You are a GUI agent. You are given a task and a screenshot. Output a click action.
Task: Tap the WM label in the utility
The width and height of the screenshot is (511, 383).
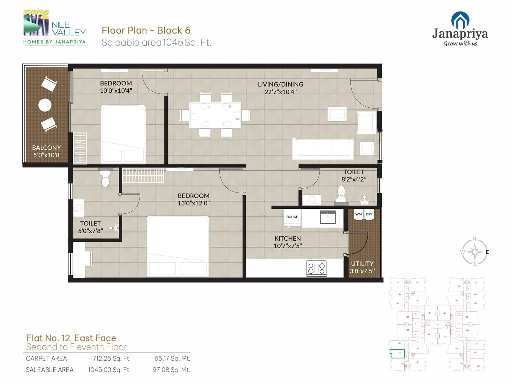(358, 214)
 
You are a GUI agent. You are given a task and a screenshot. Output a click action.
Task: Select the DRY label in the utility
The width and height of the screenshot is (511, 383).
(369, 214)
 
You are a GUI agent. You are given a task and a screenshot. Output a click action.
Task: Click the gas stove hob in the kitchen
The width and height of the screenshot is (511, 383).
(316, 268)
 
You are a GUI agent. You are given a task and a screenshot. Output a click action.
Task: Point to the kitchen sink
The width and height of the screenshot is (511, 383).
(328, 217)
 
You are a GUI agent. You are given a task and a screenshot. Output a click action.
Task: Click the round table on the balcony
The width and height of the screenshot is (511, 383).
(45, 105)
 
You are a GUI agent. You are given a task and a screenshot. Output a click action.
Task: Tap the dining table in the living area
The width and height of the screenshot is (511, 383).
(215, 115)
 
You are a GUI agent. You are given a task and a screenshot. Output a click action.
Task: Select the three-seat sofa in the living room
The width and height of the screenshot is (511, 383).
(323, 149)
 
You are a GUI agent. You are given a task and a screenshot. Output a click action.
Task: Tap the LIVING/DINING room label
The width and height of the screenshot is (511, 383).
(280, 84)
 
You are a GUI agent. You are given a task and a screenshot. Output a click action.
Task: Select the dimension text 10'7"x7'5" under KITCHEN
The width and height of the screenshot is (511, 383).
(287, 246)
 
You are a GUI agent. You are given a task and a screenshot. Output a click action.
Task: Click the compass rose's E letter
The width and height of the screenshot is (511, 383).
(487, 252)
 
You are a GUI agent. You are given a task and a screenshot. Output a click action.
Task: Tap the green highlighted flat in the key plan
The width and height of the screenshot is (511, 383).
(397, 354)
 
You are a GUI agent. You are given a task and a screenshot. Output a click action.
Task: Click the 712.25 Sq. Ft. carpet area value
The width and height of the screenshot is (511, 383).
(112, 358)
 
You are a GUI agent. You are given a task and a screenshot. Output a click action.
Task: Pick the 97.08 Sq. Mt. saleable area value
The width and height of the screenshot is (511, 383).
(172, 370)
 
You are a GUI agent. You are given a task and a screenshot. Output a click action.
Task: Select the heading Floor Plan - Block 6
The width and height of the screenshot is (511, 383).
(146, 30)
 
